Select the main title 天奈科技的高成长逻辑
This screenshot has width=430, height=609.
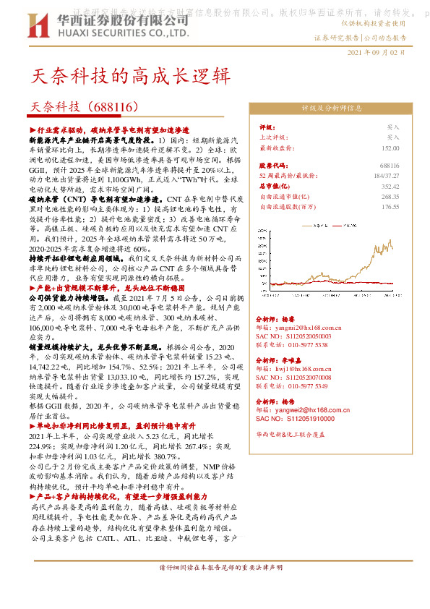tap(131, 75)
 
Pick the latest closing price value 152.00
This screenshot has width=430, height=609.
tap(390, 147)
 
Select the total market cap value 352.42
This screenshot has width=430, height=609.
tap(390, 186)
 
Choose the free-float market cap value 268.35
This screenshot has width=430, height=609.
tap(390, 196)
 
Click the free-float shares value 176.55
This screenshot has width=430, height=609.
tap(390, 206)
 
